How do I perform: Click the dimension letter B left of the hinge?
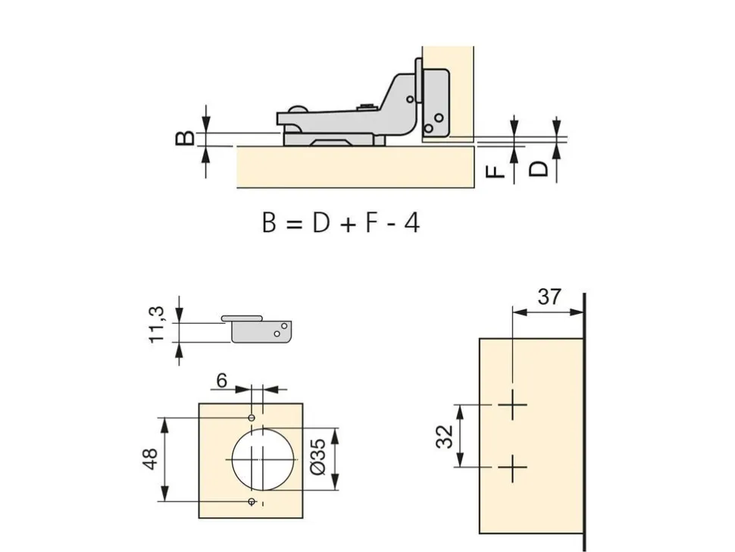tap(185, 138)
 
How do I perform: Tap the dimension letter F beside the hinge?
tap(496, 169)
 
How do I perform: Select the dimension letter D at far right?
tap(538, 169)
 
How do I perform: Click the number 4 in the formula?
tap(411, 222)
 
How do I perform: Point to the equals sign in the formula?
tap(293, 224)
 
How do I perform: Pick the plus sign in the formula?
tap(348, 224)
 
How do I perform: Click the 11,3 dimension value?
tap(158, 325)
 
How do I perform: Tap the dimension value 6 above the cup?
tap(222, 381)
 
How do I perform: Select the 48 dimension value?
tap(151, 459)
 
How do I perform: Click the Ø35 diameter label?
tap(317, 456)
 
